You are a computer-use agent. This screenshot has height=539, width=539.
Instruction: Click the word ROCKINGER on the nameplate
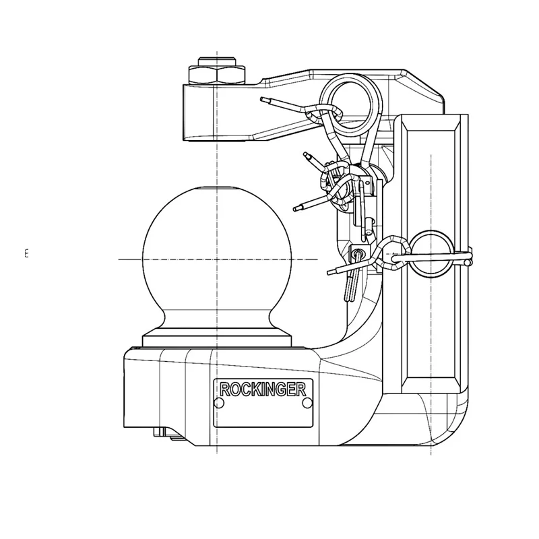[263, 389]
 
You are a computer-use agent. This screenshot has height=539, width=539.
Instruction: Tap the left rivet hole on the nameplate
[219, 402]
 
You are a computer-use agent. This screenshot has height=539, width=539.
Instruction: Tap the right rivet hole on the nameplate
[307, 402]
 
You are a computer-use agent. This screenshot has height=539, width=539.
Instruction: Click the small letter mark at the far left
[26, 253]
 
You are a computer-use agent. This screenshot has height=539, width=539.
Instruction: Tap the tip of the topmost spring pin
[263, 100]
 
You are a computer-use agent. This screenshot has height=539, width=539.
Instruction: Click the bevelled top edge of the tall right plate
[431, 121]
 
